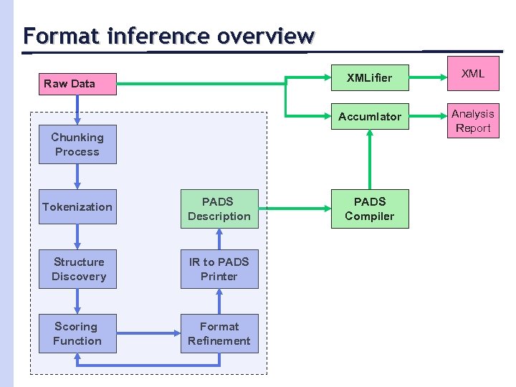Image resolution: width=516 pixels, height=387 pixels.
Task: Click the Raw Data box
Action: click(77, 84)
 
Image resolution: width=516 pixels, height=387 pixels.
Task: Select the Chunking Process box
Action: click(77, 144)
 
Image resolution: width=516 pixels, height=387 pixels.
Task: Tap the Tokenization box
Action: click(77, 206)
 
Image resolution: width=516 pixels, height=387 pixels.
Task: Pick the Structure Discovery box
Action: click(77, 269)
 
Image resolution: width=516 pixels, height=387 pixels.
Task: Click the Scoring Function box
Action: click(77, 333)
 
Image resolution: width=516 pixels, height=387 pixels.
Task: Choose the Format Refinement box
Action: click(219, 333)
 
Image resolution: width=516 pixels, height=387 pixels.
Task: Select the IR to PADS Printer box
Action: click(219, 269)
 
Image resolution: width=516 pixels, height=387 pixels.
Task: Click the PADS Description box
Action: click(219, 209)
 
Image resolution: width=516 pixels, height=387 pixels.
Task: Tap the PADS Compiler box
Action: click(370, 209)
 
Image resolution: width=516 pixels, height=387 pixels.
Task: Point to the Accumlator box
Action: click(370, 116)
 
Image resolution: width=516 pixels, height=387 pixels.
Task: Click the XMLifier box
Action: click(370, 77)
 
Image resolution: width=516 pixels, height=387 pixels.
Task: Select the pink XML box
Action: click(473, 73)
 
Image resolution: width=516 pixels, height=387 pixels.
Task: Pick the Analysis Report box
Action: click(473, 120)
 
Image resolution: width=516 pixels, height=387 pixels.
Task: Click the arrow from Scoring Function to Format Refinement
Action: click(149, 333)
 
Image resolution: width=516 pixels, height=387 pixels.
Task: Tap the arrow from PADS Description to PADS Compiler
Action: click(295, 209)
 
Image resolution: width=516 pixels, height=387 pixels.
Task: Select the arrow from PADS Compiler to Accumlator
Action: click(370, 159)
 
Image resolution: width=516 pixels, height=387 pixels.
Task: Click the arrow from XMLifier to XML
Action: click(428, 77)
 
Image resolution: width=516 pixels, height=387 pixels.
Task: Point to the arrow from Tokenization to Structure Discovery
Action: click(77, 236)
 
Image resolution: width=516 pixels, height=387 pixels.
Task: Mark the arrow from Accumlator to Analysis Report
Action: click(428, 116)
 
